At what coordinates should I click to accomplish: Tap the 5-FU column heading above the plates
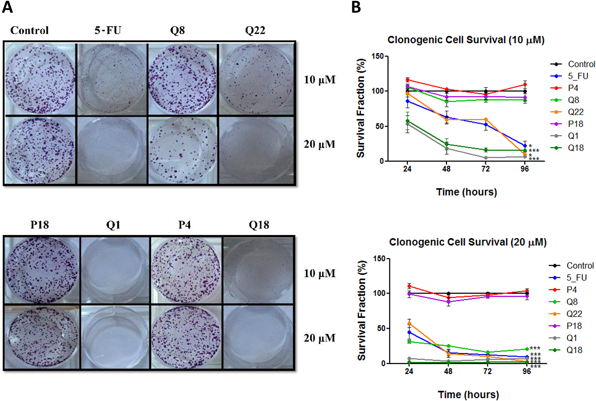(x=108, y=30)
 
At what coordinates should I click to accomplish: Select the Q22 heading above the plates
(x=255, y=30)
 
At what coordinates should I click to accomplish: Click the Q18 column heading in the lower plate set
(x=259, y=225)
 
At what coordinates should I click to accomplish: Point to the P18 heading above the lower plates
(x=40, y=225)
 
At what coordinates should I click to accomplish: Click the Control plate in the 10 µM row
(x=40, y=79)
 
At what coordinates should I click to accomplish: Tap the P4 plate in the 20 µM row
(x=186, y=337)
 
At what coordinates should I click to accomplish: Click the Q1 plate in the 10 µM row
(x=115, y=270)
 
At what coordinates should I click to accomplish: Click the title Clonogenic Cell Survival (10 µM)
(x=466, y=40)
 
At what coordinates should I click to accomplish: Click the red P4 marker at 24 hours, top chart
(x=407, y=80)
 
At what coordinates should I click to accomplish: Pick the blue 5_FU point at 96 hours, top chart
(x=525, y=146)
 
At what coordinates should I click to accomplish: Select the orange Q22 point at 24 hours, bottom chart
(x=409, y=323)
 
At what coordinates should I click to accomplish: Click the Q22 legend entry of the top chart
(x=575, y=112)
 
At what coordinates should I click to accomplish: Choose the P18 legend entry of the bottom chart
(x=574, y=326)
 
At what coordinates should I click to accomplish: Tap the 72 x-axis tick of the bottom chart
(x=488, y=371)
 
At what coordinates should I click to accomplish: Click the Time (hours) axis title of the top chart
(x=466, y=192)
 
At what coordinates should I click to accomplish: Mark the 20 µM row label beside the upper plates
(x=319, y=144)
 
